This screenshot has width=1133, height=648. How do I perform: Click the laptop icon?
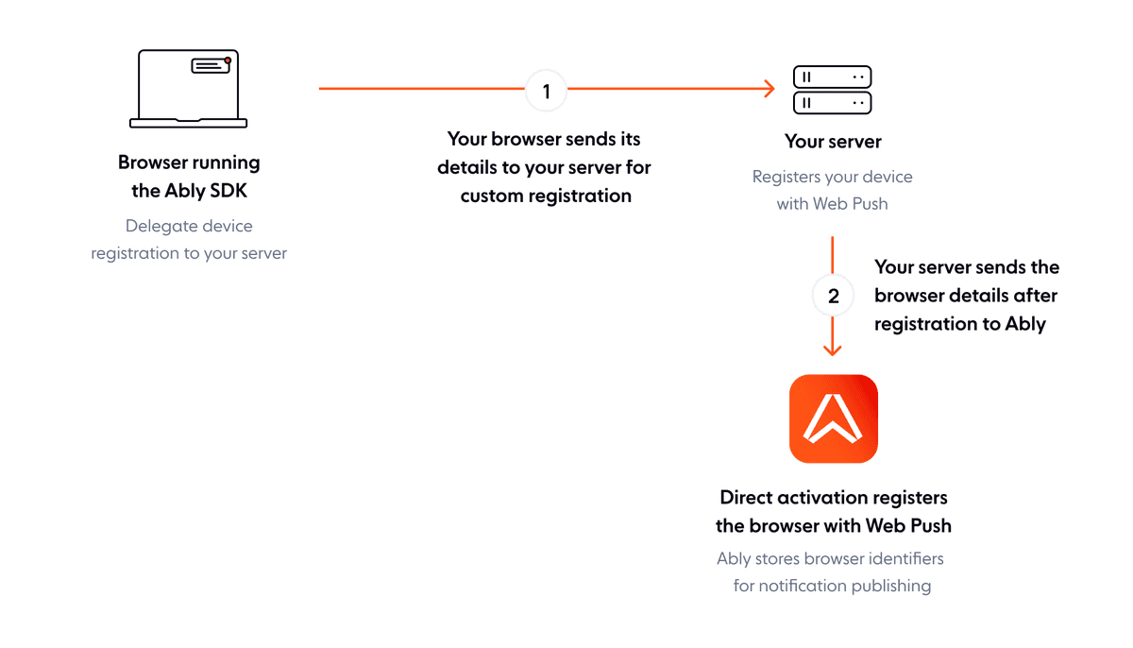tap(189, 89)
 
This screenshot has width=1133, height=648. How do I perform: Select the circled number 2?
tap(832, 296)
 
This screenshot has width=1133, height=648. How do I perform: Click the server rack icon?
tap(832, 90)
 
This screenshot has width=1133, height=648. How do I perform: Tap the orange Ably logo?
tap(833, 418)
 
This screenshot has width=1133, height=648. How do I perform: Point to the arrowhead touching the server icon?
tap(769, 89)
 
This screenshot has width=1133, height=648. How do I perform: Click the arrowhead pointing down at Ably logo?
tap(832, 349)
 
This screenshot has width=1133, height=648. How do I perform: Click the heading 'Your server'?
tap(832, 142)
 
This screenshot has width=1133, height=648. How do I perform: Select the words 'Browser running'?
tap(189, 162)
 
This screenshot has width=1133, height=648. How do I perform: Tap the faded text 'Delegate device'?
tap(189, 227)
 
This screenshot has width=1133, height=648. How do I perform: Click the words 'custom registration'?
tap(546, 196)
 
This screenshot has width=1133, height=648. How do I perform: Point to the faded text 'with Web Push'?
tap(832, 203)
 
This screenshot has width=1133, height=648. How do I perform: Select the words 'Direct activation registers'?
tap(833, 497)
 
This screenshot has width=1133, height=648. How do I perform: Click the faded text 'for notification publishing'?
tap(833, 587)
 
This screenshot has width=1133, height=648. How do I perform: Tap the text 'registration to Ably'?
tap(959, 324)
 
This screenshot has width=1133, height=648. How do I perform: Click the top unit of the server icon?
tap(832, 77)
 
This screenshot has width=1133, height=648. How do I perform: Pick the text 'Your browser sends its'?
tap(544, 139)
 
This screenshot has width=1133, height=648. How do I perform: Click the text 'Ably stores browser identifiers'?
tap(830, 559)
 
